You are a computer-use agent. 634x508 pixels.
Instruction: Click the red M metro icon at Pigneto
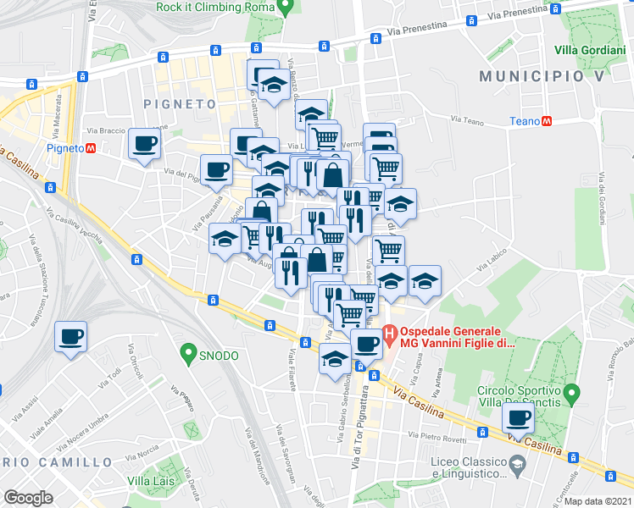90,148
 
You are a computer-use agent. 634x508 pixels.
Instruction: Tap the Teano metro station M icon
548,121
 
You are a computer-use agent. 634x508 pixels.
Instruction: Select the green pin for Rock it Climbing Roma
286,8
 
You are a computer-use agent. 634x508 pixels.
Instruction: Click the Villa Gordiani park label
593,50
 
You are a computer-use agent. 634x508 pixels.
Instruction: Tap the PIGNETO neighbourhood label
180,104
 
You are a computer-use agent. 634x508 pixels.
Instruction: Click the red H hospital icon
391,336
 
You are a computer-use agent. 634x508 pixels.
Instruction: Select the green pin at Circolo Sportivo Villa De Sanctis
572,394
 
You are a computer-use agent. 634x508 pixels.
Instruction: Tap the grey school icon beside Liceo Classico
516,464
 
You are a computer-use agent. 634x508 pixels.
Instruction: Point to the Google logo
28,498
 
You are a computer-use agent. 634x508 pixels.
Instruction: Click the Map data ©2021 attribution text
598,501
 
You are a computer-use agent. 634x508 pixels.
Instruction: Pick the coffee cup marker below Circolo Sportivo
518,417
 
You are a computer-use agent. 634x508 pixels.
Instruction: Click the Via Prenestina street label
414,27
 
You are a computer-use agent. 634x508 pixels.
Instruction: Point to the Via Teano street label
467,120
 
